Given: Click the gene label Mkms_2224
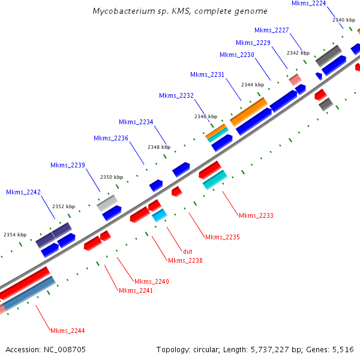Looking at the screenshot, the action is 309,4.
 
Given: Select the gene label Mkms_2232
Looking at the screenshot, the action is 176,95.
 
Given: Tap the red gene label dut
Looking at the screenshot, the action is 188,251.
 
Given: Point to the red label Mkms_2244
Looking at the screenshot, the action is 67,331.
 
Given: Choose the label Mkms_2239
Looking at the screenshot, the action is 68,165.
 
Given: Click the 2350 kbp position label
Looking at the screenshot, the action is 112,177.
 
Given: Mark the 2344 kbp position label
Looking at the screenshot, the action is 253,85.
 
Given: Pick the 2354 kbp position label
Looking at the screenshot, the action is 15,235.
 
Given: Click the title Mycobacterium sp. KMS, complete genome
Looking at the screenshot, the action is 180,11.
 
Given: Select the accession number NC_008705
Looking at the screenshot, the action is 65,350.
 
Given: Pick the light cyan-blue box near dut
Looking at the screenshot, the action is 160,215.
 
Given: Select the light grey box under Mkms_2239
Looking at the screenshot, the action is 107,203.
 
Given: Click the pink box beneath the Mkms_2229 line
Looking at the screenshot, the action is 295,79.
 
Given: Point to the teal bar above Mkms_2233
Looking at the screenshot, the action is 215,180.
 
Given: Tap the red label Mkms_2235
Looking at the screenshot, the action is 223,237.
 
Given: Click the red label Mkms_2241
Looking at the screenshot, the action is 136,290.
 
